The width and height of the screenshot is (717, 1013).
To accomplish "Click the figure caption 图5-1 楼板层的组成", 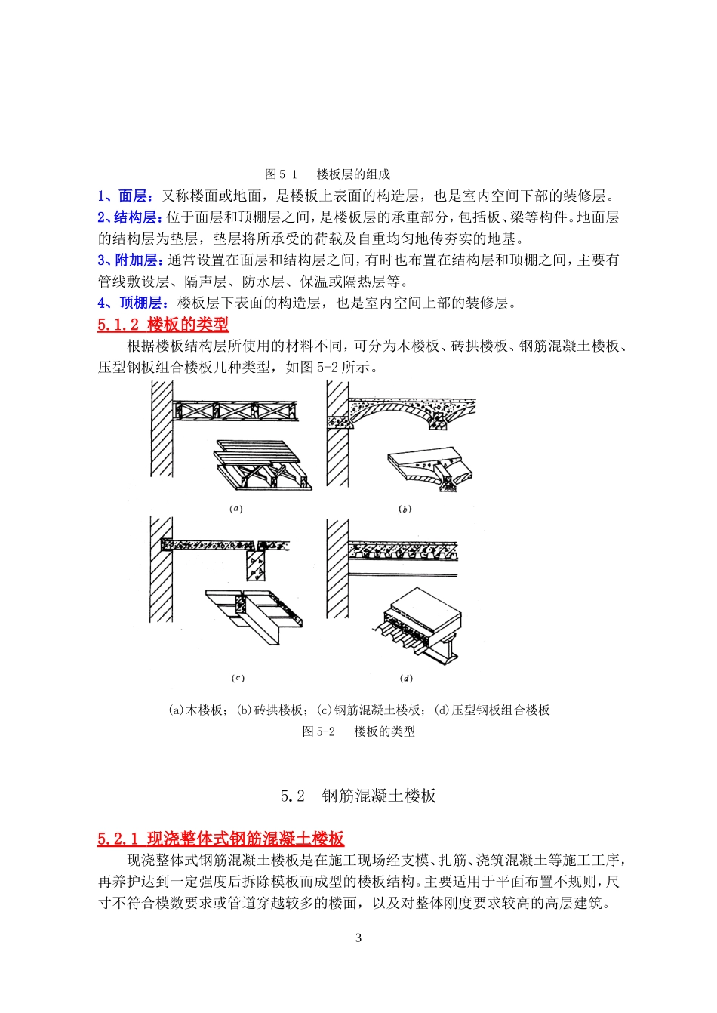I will (328, 174).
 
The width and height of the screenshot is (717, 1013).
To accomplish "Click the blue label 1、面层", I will (125, 196).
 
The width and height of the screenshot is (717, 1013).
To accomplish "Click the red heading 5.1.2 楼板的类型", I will (163, 325).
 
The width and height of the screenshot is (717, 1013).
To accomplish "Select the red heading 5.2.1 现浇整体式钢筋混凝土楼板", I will (220, 839).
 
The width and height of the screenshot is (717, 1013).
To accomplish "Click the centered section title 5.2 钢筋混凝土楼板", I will (358, 796).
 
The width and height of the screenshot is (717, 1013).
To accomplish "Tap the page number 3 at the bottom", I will (358, 938).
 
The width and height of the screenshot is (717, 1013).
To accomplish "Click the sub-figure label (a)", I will (236, 509).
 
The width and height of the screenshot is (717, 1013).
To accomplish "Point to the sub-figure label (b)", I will (405, 510).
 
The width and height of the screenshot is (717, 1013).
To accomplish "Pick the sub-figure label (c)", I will (238, 678).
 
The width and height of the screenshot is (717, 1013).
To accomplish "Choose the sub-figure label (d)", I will (406, 678).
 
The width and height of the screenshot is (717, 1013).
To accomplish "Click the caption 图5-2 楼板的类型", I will (358, 731).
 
